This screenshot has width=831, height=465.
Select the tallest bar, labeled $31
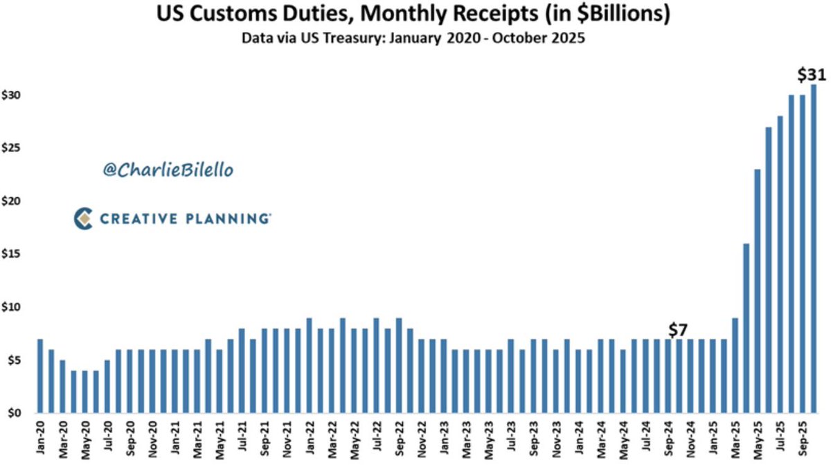813,249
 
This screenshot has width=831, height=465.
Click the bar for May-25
758,291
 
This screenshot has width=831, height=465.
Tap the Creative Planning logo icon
83,219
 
